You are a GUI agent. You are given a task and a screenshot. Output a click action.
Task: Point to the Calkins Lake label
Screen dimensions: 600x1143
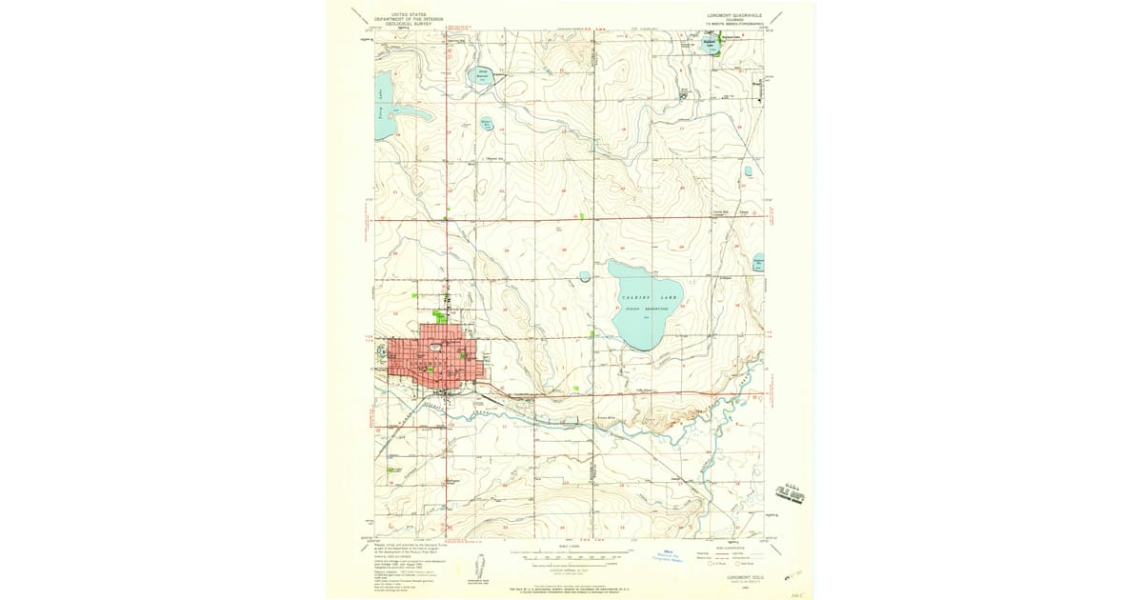(x=647, y=298)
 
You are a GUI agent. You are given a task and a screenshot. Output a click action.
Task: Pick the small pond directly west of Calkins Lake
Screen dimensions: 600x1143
(x=584, y=276)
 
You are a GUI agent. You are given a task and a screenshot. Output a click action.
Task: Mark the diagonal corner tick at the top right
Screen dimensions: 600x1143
(x=778, y=17)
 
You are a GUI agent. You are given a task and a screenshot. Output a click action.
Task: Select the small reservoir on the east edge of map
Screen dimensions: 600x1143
(x=759, y=261)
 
